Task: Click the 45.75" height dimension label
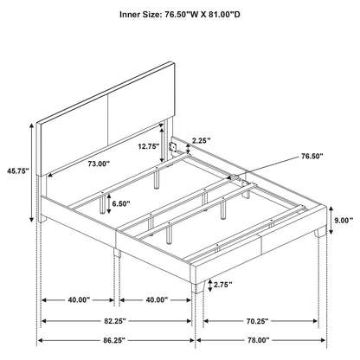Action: (x=16, y=171)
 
